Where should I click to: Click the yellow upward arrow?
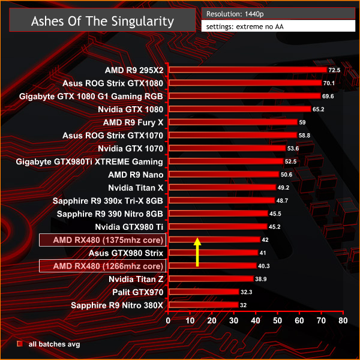click(196, 251)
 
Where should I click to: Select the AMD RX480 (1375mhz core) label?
click(102, 240)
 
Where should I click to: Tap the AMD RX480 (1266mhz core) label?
click(102, 266)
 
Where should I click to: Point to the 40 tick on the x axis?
click(256, 320)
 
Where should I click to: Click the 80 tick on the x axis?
click(343, 320)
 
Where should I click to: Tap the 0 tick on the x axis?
click(169, 320)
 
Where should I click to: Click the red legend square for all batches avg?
click(20, 344)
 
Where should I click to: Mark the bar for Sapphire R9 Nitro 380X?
click(203, 305)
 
